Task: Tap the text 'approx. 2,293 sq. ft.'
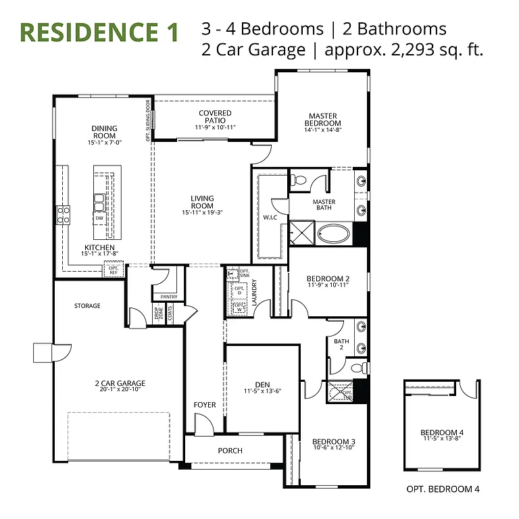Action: coord(404,50)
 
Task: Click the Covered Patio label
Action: coord(215,117)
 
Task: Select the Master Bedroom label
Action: coord(322,120)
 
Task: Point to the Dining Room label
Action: coord(105,132)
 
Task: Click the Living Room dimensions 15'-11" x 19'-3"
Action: coord(202,212)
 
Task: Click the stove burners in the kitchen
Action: coord(64,215)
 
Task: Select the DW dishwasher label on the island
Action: coord(99,218)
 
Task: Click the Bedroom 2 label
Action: coord(328,278)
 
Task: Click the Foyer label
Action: coord(205,405)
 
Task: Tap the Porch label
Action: coord(230,451)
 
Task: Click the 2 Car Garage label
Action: coord(120,383)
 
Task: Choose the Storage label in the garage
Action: coord(87,306)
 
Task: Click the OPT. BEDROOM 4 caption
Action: coord(443,489)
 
